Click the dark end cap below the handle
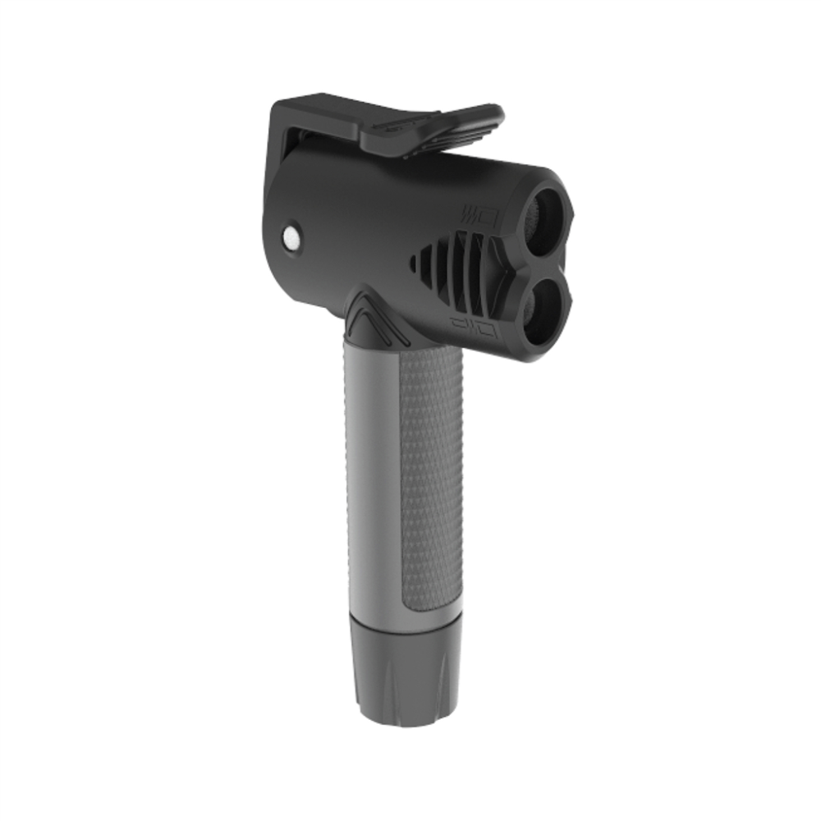point(402,665)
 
